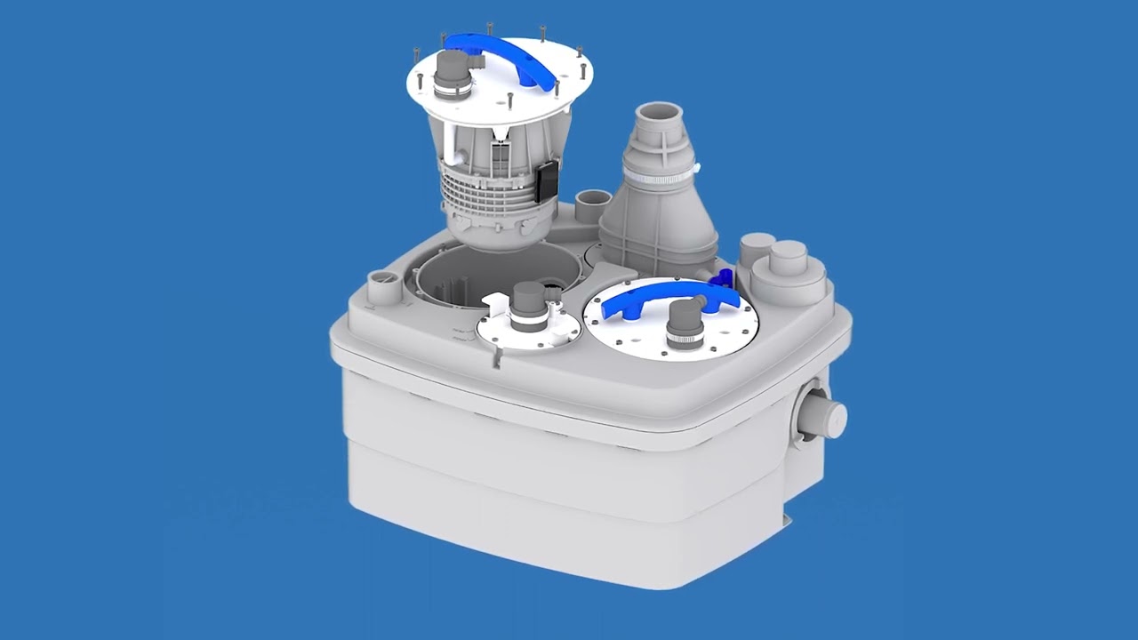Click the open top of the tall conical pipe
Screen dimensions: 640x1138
pyautogui.click(x=659, y=116)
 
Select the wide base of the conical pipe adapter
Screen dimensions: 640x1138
pyautogui.click(x=658, y=240)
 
